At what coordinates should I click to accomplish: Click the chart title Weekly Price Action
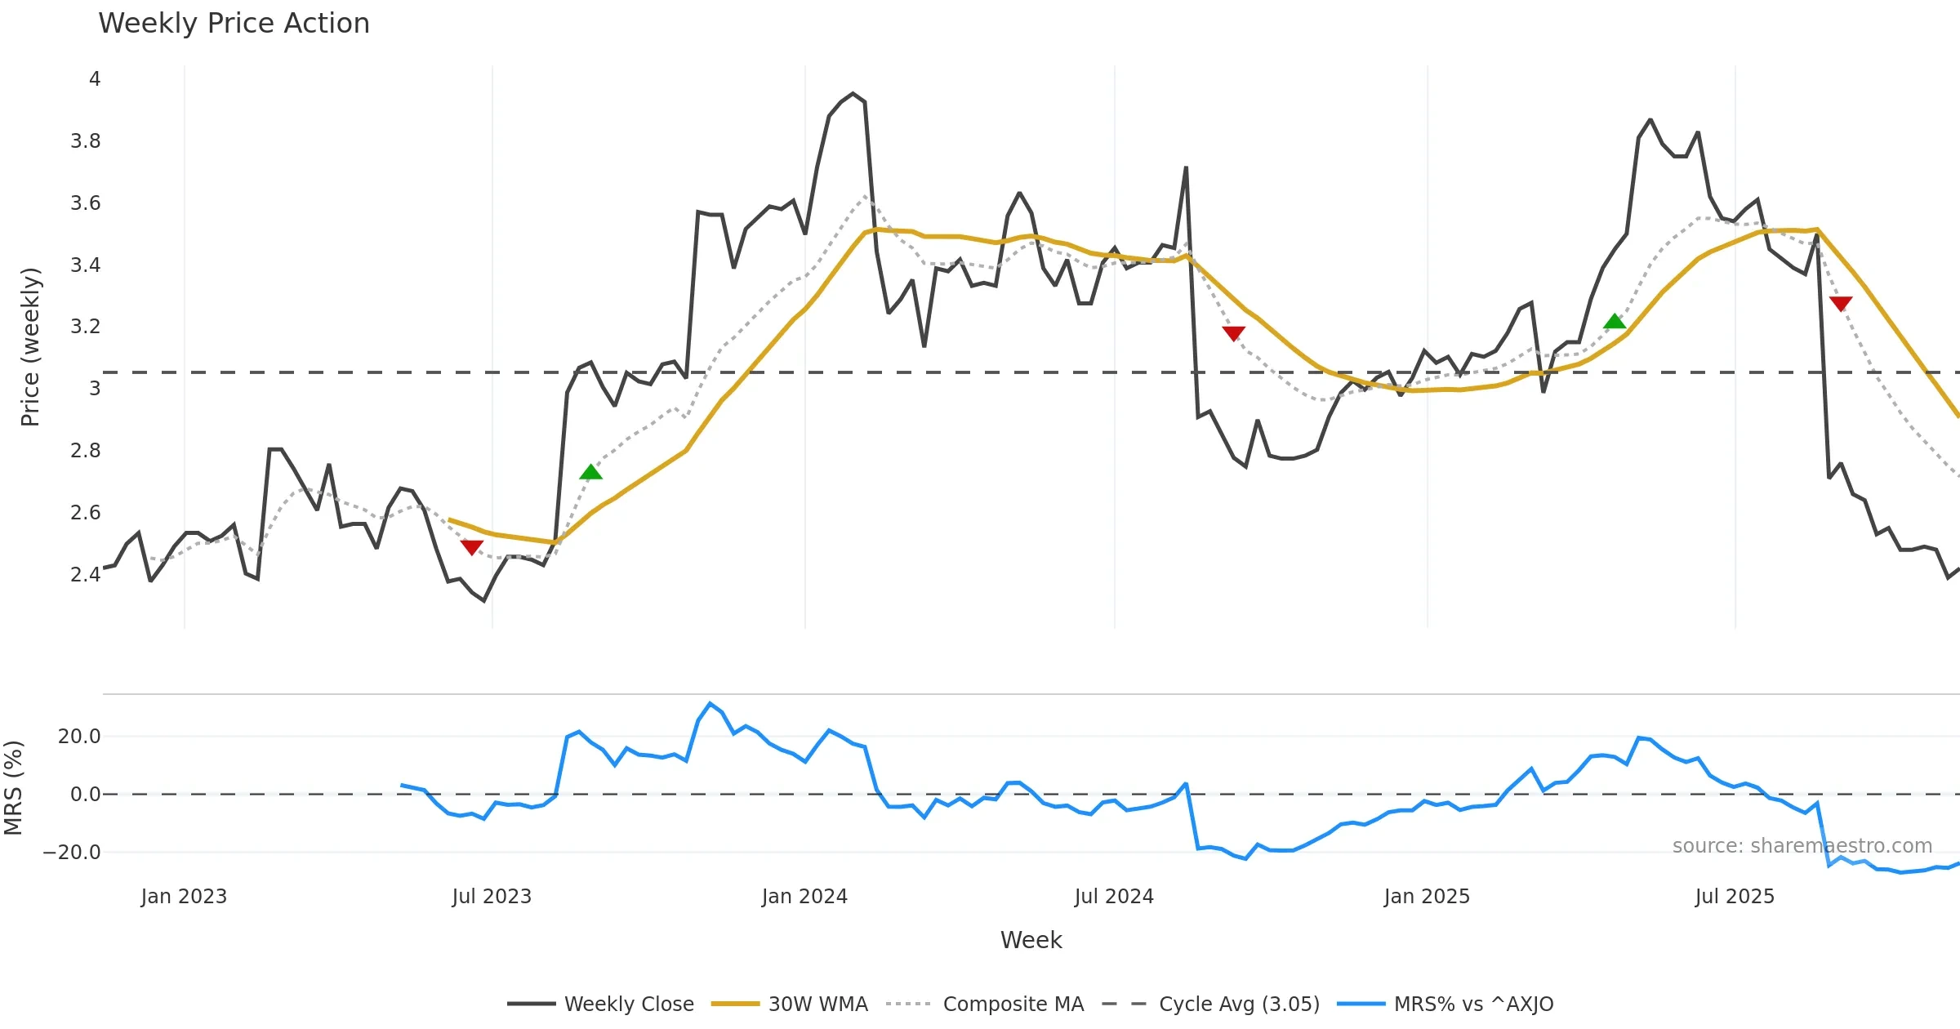(234, 24)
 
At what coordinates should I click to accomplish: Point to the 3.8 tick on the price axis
(86, 141)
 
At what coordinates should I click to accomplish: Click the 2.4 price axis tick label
(86, 575)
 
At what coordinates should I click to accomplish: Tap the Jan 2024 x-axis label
(804, 897)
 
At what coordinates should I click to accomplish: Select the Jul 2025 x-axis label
(1735, 897)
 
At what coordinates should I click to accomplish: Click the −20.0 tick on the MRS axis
(72, 853)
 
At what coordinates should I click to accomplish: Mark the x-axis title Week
(1031, 941)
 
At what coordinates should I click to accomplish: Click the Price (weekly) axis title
(30, 347)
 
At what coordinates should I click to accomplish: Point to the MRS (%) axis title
(13, 788)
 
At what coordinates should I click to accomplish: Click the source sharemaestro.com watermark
(1802, 846)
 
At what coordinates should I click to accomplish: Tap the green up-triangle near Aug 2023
(590, 472)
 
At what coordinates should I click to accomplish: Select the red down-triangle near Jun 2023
(471, 547)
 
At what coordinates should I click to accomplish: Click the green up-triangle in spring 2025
(1615, 322)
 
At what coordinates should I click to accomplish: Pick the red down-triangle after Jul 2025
(1841, 304)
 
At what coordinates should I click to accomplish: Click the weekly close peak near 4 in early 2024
(853, 94)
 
